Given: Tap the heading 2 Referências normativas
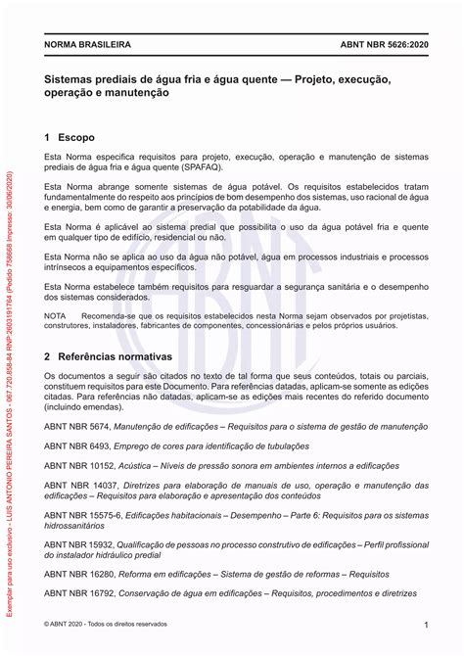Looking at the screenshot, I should tap(109, 358).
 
